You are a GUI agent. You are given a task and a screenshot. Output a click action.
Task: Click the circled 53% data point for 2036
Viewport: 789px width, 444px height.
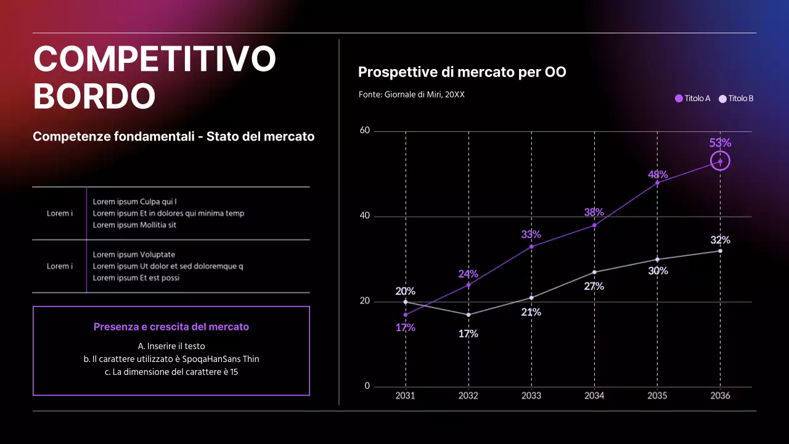720,161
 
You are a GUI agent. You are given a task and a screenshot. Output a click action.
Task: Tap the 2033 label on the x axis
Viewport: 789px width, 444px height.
531,396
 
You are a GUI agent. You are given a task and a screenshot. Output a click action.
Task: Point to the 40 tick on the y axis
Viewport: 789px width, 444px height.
364,216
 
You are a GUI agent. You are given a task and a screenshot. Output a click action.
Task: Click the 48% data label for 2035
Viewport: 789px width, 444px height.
657,175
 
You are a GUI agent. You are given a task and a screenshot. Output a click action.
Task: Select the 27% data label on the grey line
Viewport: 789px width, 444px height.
594,286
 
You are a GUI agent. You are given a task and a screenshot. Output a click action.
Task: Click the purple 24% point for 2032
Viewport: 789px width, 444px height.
468,285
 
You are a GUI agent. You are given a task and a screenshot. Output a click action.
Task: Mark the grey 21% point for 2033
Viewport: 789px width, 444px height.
531,298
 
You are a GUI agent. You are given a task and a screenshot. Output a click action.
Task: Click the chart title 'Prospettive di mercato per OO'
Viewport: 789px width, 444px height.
462,72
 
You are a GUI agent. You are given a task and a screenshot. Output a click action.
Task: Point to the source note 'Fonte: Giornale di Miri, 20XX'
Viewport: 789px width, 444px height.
411,95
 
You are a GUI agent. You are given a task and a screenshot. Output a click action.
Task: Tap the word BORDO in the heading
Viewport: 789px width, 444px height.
94,97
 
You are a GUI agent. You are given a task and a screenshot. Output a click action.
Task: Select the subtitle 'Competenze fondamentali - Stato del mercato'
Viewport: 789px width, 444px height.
173,137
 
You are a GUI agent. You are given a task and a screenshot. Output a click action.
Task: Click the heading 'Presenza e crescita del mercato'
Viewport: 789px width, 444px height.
171,327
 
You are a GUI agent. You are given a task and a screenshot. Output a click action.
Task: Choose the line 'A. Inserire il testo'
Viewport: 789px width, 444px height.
171,346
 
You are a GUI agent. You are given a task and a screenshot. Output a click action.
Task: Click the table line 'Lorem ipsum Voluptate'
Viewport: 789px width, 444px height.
134,255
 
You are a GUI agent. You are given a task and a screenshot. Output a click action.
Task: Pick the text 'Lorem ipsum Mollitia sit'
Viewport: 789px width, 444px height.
134,225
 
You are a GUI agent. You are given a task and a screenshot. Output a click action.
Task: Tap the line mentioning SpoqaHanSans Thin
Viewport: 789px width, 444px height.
171,359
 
